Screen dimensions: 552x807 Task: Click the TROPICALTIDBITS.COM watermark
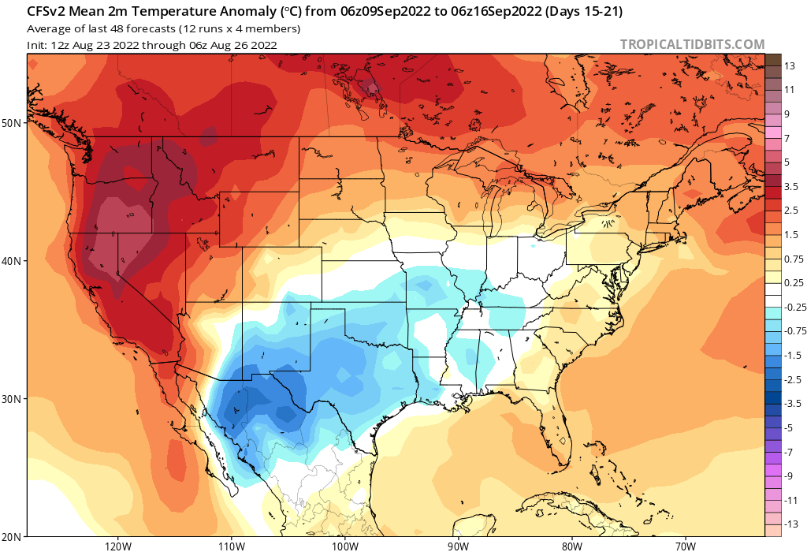point(692,44)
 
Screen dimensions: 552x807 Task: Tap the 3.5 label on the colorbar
point(791,186)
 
